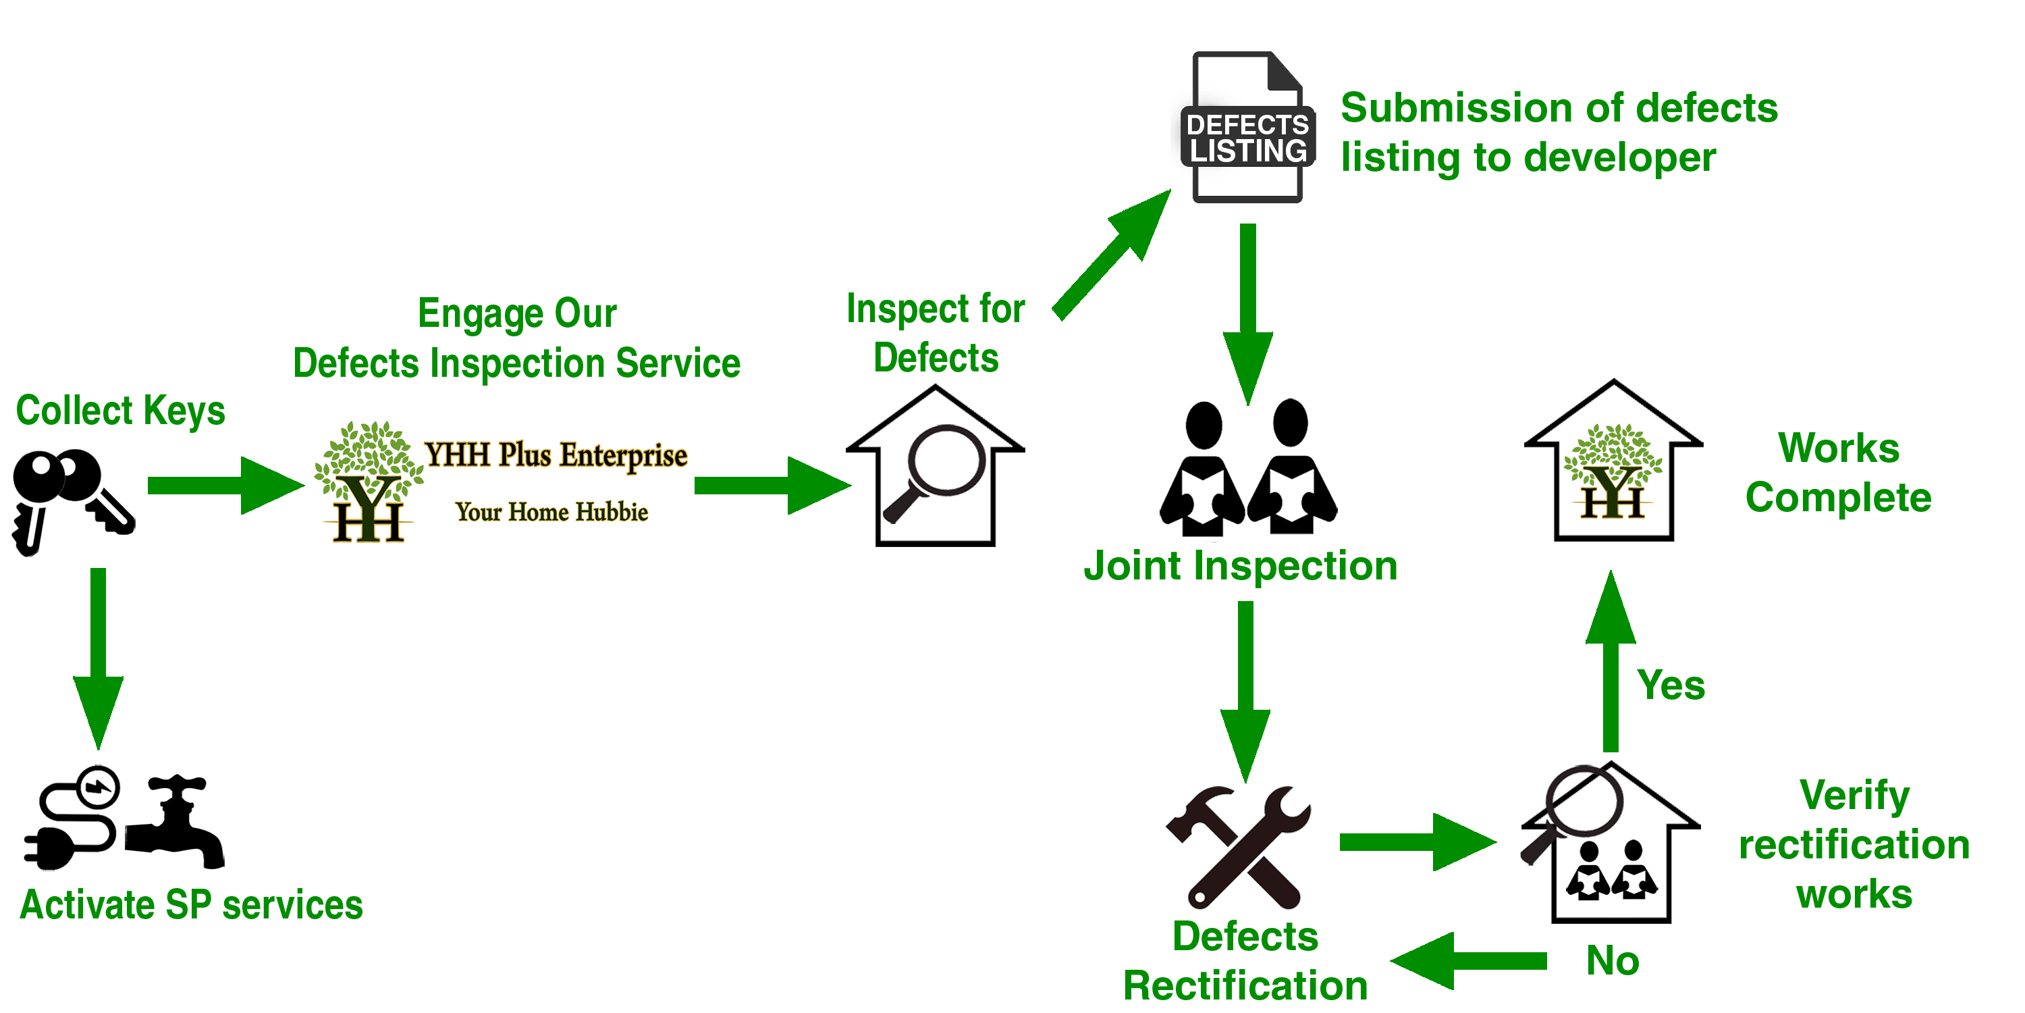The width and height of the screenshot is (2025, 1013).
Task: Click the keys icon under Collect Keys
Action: pos(72,501)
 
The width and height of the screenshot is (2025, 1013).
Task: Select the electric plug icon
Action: pos(72,818)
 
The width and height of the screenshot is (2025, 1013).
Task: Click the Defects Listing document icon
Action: pos(1247,128)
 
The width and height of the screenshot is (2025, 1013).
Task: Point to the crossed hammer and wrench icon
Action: pos(1238,847)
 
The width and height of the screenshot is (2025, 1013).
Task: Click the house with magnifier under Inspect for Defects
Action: pos(935,465)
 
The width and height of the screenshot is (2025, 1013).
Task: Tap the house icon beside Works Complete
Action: pos(1613,460)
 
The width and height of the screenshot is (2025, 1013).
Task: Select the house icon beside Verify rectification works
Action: pos(1610,841)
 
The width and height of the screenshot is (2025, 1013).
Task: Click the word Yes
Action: pos(1671,685)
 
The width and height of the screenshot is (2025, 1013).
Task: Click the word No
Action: pos(1613,960)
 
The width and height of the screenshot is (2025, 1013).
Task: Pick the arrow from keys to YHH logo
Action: pos(225,486)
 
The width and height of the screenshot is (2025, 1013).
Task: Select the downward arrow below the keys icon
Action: pos(99,659)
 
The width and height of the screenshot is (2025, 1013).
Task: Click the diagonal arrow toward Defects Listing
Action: pos(1112,254)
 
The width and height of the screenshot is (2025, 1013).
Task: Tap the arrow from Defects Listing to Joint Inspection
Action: pos(1247,315)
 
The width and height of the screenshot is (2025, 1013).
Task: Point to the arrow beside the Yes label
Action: pos(1611,660)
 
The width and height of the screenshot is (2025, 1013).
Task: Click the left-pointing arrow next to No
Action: pos(1467,961)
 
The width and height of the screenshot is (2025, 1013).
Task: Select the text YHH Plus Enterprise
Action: pos(556,455)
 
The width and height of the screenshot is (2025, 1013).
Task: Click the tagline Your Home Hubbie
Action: pos(552,512)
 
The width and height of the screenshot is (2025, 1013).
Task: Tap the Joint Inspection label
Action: pos(1241,567)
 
